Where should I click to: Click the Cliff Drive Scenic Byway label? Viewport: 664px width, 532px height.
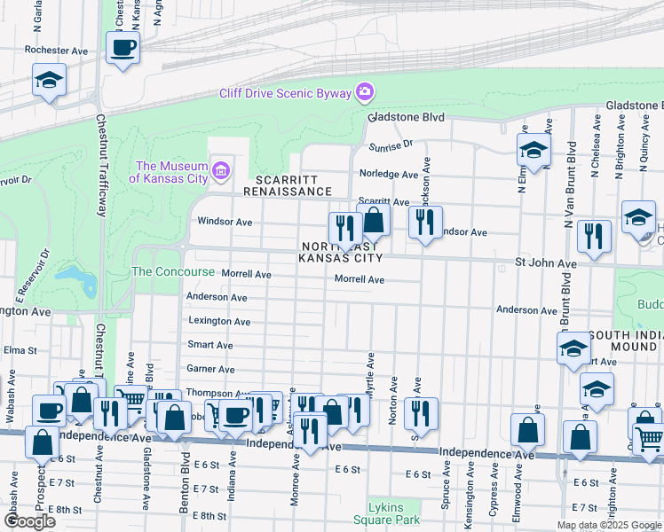(x=285, y=93)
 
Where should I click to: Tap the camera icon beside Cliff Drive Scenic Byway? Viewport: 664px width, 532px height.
(x=364, y=92)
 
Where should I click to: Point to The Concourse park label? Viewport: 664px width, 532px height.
(x=173, y=271)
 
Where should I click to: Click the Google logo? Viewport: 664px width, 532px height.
(x=29, y=521)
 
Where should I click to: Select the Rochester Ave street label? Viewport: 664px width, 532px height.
(x=57, y=51)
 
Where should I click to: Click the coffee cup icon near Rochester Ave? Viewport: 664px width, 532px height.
(x=123, y=47)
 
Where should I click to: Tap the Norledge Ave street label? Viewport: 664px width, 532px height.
(x=387, y=175)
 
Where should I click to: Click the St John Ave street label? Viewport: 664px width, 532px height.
(x=547, y=264)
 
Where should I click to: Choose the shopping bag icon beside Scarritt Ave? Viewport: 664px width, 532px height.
(x=374, y=220)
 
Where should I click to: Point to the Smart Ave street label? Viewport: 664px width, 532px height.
(x=210, y=345)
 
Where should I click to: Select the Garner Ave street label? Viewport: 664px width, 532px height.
(x=210, y=369)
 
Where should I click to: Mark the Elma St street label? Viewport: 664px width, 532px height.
(x=17, y=350)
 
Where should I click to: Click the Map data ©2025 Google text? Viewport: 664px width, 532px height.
(x=608, y=525)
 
